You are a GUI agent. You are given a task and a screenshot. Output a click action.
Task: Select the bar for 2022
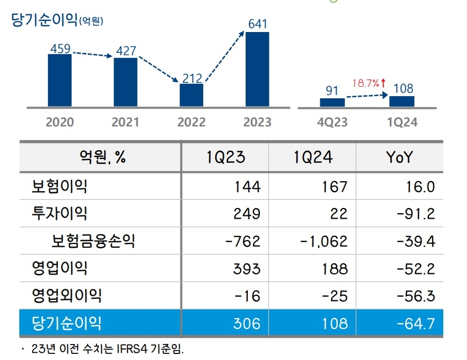(x=192, y=95)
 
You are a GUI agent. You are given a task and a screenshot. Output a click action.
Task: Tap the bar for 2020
(x=60, y=80)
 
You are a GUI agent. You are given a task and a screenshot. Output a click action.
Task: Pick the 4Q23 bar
(x=332, y=102)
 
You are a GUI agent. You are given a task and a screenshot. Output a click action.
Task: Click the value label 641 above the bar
(x=257, y=24)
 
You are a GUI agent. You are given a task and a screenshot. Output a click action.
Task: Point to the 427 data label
(x=125, y=50)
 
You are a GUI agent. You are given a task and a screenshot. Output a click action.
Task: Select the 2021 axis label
(x=125, y=122)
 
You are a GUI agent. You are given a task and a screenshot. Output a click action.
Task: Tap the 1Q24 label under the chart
(x=402, y=122)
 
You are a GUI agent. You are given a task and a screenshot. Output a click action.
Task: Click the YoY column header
(x=399, y=157)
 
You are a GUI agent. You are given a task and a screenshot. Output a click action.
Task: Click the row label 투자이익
(x=60, y=213)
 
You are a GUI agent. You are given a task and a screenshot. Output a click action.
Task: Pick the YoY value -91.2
(x=416, y=213)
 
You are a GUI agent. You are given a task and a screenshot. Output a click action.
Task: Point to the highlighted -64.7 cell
(x=416, y=323)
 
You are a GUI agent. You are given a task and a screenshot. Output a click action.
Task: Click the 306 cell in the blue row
(x=246, y=323)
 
